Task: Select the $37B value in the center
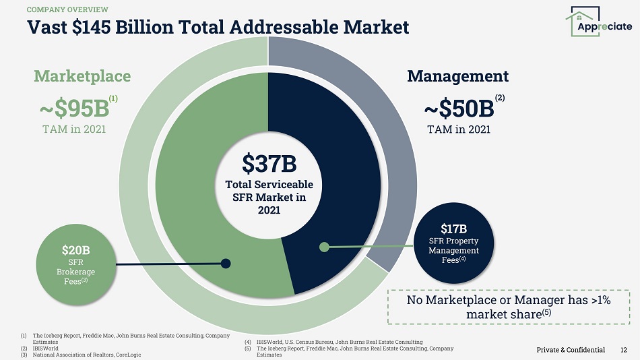pos(269,162)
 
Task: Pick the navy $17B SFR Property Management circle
pos(453,243)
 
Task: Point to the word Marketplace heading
pos(82,76)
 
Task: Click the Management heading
pos(457,76)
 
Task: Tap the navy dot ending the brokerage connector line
pos(226,264)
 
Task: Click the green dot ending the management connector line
pos(324,247)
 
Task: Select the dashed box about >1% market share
pos(509,307)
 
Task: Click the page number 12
pos(624,350)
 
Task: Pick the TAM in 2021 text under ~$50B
pos(458,129)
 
